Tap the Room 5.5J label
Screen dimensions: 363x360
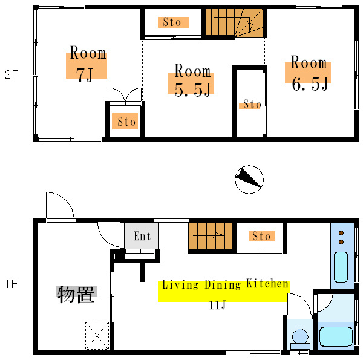pyautogui.click(x=192, y=80)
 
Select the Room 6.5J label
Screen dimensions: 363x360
pyautogui.click(x=309, y=73)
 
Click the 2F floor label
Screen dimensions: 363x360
pyautogui.click(x=11, y=75)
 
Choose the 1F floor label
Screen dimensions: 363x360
pyautogui.click(x=11, y=284)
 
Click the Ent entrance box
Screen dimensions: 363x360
pyautogui.click(x=142, y=236)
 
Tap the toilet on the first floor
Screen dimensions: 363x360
pyautogui.click(x=300, y=339)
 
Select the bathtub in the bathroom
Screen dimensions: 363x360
pyautogui.click(x=336, y=336)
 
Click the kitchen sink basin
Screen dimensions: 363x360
pyautogui.click(x=341, y=267)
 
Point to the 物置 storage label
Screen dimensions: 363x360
pyautogui.click(x=76, y=294)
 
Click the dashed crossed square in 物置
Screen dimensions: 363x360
pyautogui.click(x=97, y=335)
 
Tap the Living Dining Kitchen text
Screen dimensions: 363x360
pyautogui.click(x=225, y=284)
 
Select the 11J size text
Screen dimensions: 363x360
pyautogui.click(x=217, y=305)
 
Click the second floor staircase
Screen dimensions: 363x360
pyautogui.click(x=234, y=22)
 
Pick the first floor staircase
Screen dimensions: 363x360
pyautogui.click(x=210, y=236)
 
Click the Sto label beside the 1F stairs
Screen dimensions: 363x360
pyautogui.click(x=262, y=236)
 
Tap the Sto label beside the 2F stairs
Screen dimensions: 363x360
pyautogui.click(x=173, y=22)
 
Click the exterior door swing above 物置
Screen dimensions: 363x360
pyautogui.click(x=60, y=205)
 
